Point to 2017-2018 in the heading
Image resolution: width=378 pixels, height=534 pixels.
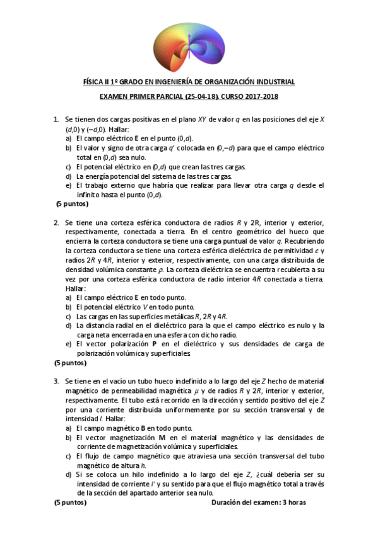click(x=263, y=97)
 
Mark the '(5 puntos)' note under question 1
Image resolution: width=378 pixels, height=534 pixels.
click(x=71, y=204)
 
